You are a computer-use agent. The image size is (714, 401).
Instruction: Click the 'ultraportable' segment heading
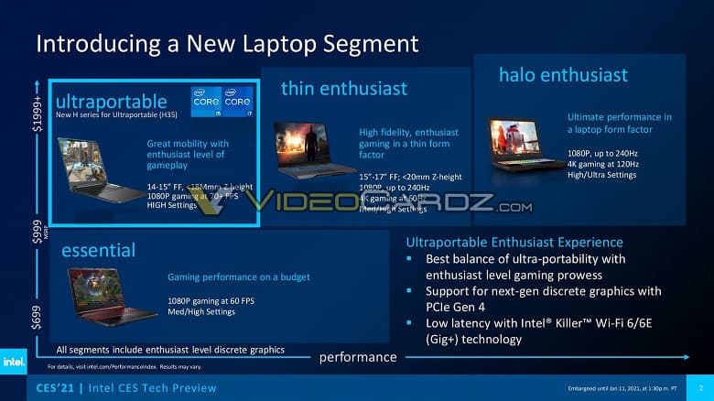click(111, 101)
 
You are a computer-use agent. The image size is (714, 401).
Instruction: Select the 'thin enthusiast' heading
click(344, 88)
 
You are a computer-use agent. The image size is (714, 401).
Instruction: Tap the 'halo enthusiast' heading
click(563, 74)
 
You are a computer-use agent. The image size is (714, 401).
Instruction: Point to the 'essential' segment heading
click(98, 250)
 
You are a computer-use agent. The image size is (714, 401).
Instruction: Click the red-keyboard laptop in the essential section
click(108, 295)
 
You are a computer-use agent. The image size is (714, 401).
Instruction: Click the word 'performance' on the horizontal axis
click(357, 357)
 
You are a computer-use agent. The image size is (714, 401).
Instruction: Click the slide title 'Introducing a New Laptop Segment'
click(226, 43)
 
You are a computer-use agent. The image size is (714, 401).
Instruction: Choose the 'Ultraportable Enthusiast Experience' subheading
click(515, 243)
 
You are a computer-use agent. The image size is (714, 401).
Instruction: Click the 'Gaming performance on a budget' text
click(238, 276)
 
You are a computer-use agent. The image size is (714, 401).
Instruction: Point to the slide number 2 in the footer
click(698, 388)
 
